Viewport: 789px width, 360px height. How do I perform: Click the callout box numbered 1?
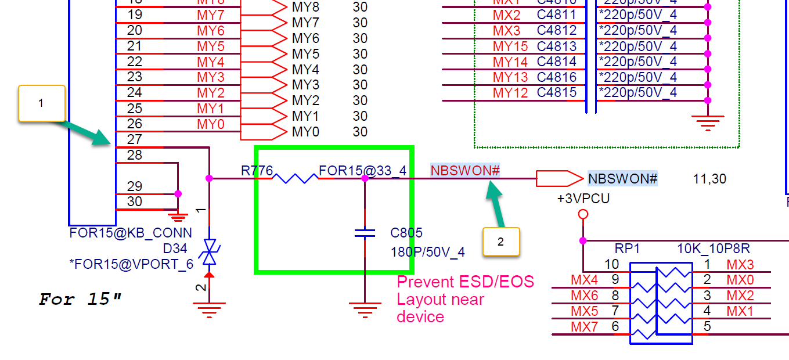click(x=41, y=103)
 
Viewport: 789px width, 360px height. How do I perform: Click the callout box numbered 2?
click(x=501, y=241)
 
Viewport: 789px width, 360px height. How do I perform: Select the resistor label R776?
click(x=257, y=171)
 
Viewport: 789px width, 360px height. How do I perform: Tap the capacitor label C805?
click(x=406, y=233)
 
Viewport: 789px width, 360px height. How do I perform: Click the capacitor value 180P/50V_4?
click(x=428, y=253)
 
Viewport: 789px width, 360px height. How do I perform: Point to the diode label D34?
click(x=175, y=249)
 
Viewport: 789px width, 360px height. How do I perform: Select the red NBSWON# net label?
click(x=465, y=171)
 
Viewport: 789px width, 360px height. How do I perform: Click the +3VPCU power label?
click(x=583, y=199)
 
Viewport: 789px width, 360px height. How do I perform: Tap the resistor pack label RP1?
click(x=627, y=249)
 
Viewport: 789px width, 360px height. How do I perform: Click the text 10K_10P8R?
click(x=714, y=249)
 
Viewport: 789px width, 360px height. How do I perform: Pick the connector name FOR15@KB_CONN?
click(x=130, y=233)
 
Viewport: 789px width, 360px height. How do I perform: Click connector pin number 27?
click(x=134, y=139)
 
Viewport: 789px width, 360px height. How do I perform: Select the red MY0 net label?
click(x=210, y=124)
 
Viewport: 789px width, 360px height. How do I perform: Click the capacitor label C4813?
click(x=556, y=46)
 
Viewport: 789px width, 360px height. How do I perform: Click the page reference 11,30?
click(x=709, y=179)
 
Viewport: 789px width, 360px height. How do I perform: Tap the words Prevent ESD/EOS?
click(x=465, y=282)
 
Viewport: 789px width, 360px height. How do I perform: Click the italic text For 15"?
click(x=81, y=300)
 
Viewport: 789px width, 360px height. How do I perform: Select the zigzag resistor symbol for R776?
click(x=296, y=178)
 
